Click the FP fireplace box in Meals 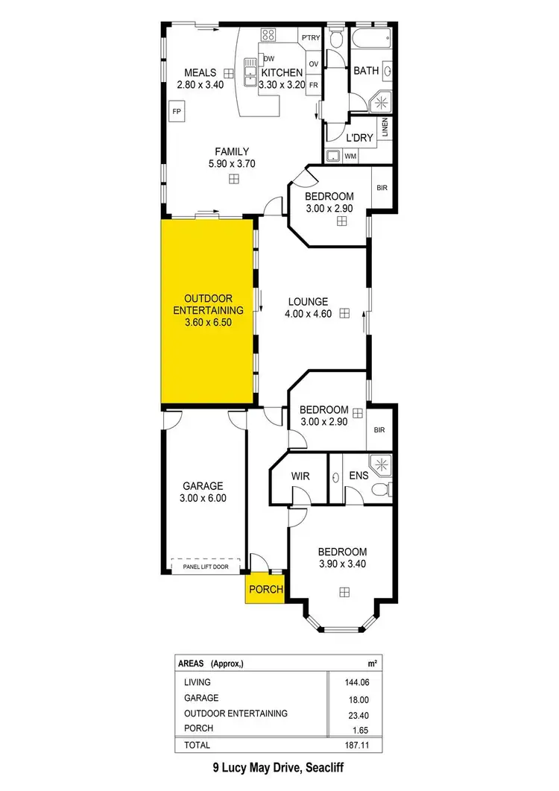[177, 112]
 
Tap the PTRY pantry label [310, 37]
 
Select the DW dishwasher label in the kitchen [269, 58]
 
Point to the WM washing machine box [350, 156]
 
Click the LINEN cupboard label [385, 129]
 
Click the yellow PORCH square [266, 589]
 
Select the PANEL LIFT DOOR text [205, 567]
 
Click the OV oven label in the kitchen [314, 64]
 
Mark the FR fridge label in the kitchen [314, 85]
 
